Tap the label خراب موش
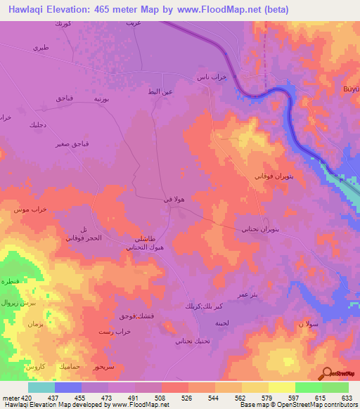tap(26, 209)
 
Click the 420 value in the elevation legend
tap(21, 398)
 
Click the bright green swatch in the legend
tap(308, 387)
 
